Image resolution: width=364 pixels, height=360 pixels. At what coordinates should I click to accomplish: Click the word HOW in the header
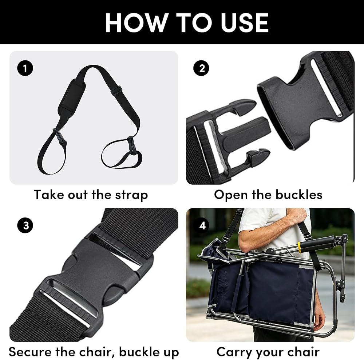click(135, 23)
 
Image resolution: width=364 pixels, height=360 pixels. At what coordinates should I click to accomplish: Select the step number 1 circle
click(25, 68)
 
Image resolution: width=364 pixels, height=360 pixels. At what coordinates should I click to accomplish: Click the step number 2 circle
click(201, 68)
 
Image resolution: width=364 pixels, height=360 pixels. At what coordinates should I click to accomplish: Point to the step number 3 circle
click(25, 225)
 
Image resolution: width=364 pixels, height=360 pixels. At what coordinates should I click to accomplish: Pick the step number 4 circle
click(202, 225)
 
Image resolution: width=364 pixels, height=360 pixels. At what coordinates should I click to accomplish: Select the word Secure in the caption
click(30, 352)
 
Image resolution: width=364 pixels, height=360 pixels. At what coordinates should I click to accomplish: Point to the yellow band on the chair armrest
click(299, 247)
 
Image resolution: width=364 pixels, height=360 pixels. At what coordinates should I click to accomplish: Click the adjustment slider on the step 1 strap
click(116, 90)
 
